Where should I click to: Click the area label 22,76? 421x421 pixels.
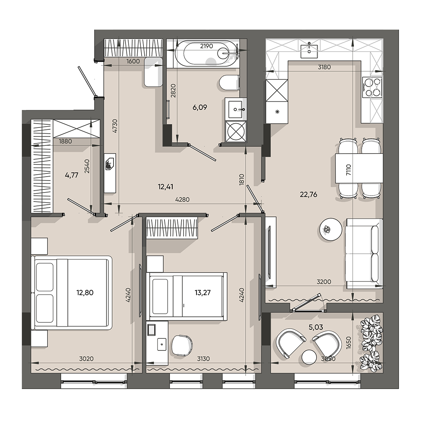point(308,195)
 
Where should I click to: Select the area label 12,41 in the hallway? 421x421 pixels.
point(166,187)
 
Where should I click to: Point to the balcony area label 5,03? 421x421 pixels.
point(316,327)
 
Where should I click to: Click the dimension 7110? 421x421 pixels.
point(348,171)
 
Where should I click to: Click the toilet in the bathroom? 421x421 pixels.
point(229,83)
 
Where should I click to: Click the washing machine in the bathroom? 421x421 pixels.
point(236,131)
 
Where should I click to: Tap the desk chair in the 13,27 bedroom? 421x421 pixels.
point(182,345)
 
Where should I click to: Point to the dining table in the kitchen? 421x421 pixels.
point(359,169)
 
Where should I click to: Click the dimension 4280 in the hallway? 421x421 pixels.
point(182,200)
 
